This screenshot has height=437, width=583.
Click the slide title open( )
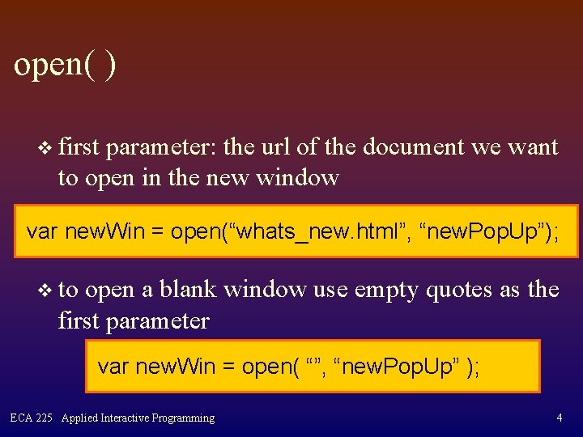65,65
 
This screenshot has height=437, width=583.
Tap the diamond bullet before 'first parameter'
45,147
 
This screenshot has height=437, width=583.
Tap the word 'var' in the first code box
42,232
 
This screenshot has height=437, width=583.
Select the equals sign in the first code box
157,232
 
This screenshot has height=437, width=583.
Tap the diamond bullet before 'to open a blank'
45,290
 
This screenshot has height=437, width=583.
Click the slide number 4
560,418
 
